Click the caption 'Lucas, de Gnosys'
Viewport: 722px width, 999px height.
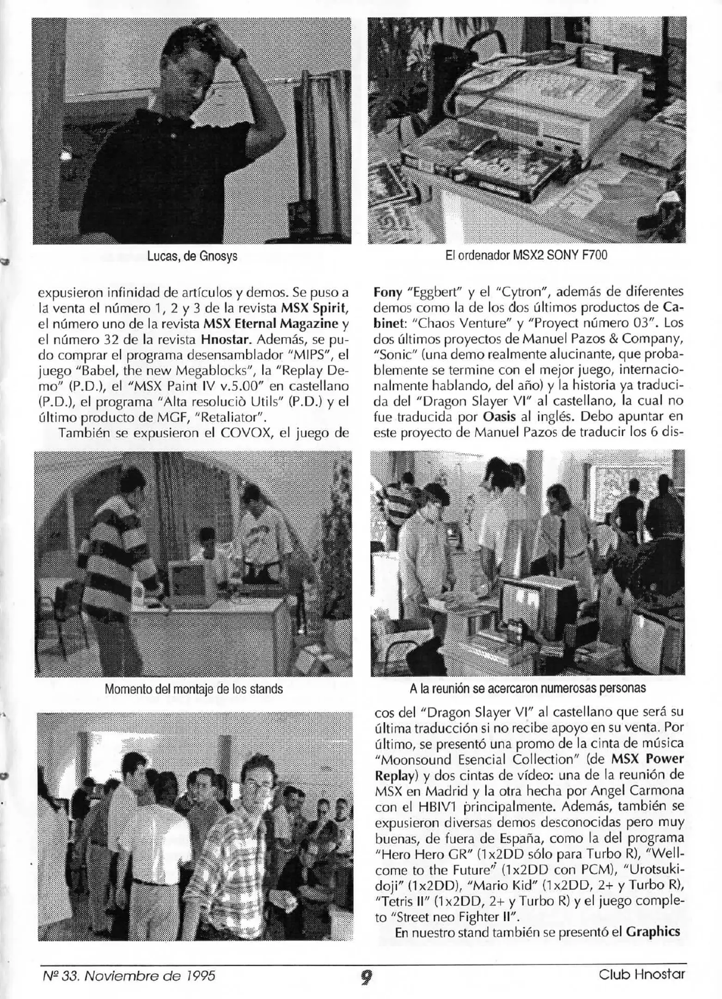click(192, 256)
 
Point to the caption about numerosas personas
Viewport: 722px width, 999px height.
click(527, 688)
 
